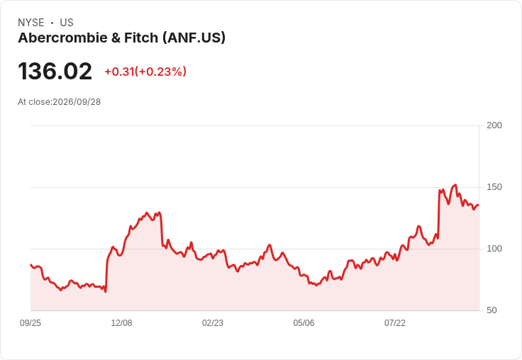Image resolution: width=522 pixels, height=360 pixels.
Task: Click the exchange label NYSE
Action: pos(31,23)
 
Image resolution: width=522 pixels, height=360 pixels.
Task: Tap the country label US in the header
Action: pos(67,23)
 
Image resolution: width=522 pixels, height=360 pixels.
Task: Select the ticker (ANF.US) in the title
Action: pos(194,38)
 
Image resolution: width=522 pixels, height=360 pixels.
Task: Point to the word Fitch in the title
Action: pos(141,38)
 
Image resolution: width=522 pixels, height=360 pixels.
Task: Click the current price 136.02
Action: pos(55,71)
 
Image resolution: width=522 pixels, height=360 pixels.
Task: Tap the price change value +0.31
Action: pos(120,72)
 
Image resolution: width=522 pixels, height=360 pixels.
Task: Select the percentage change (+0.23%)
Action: pos(160,72)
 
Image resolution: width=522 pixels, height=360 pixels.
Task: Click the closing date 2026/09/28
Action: pos(77,102)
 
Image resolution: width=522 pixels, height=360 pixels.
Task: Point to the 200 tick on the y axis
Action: pos(494,125)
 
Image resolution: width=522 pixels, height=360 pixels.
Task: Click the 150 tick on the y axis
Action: pos(494,187)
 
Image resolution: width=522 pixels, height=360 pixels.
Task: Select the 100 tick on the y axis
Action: pos(494,249)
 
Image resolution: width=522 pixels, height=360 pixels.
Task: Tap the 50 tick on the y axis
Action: pos(492,310)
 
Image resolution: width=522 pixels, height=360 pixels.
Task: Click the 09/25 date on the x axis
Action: pos(30,323)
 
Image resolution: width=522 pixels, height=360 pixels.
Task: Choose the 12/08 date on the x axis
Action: pos(121,323)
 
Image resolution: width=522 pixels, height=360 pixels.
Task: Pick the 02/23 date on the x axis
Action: pos(213,323)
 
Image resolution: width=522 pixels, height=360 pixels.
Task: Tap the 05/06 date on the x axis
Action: pos(304,323)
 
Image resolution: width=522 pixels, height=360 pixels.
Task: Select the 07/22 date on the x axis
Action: pos(395,323)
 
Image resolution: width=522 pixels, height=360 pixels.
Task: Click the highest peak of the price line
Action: pos(455,185)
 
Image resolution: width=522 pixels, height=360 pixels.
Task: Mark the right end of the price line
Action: pos(479,205)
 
